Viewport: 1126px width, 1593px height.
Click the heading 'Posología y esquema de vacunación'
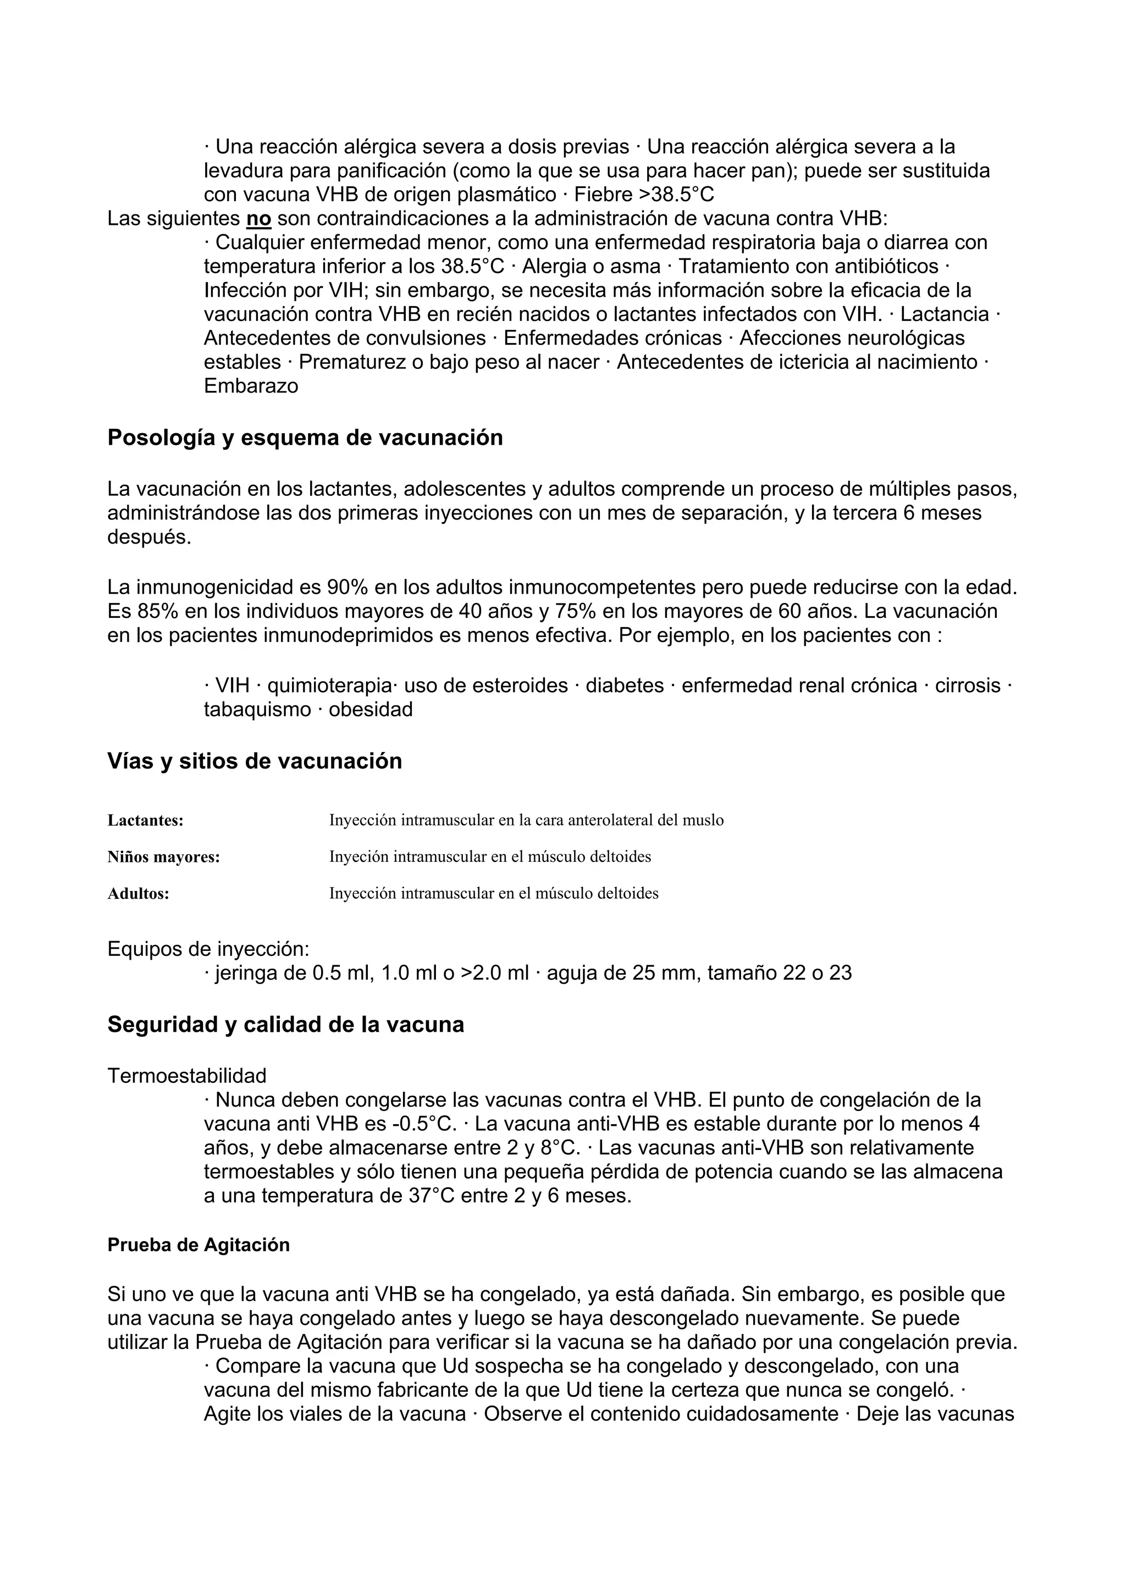[x=305, y=438]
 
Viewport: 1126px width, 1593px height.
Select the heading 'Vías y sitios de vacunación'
[x=255, y=761]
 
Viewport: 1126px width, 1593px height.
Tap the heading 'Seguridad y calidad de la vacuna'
[x=285, y=1025]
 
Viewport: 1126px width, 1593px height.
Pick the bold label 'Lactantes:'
[x=145, y=821]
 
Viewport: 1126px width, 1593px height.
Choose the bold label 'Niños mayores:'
[x=164, y=857]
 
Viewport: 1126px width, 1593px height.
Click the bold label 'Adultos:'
[x=138, y=894]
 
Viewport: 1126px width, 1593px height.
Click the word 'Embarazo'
[x=251, y=386]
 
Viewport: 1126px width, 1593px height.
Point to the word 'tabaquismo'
[x=257, y=709]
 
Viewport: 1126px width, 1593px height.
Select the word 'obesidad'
[x=371, y=709]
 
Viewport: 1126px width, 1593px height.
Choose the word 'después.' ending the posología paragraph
[x=148, y=537]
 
